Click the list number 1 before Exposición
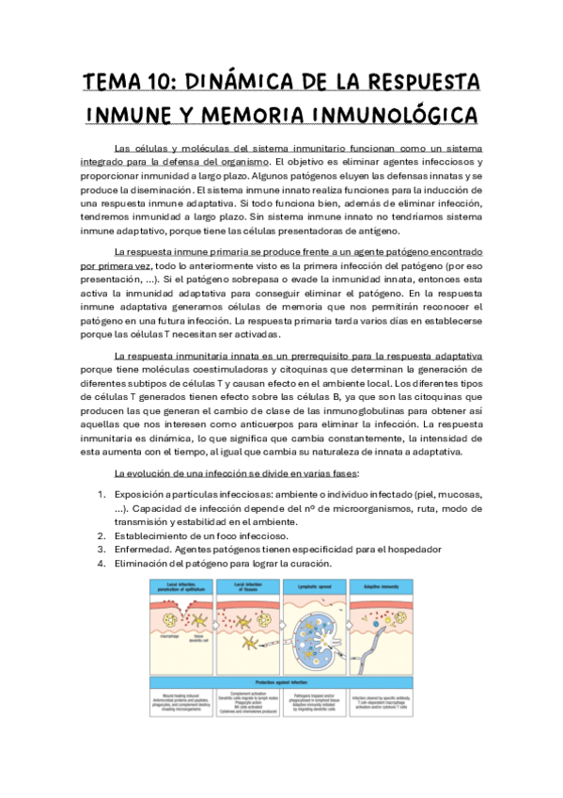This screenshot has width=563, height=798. (x=102, y=494)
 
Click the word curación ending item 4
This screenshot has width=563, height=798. (x=312, y=563)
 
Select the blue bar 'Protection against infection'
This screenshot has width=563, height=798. (x=282, y=681)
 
